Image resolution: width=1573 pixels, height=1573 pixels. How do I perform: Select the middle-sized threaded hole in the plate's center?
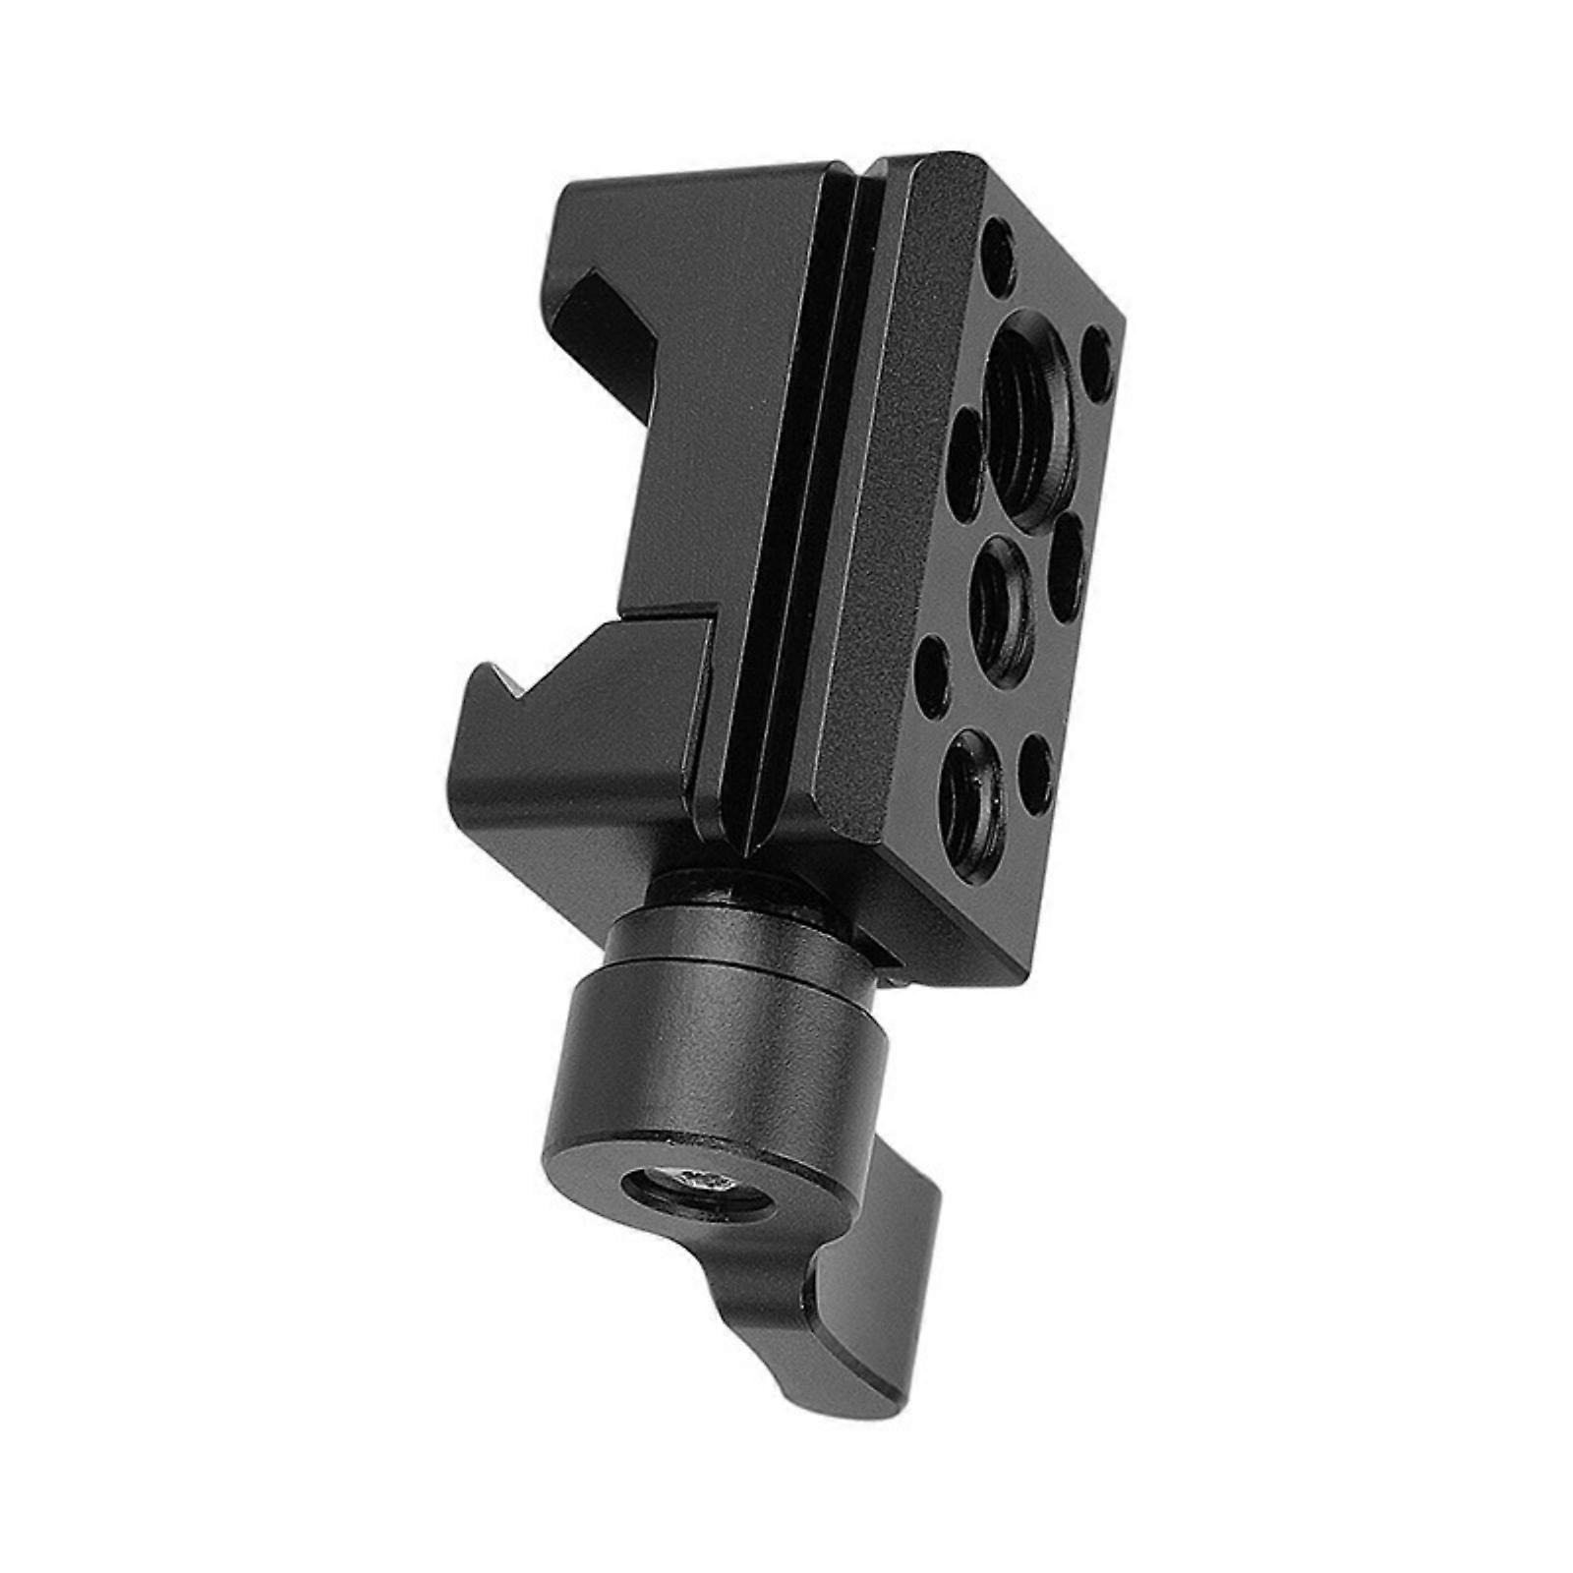tap(1001, 600)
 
